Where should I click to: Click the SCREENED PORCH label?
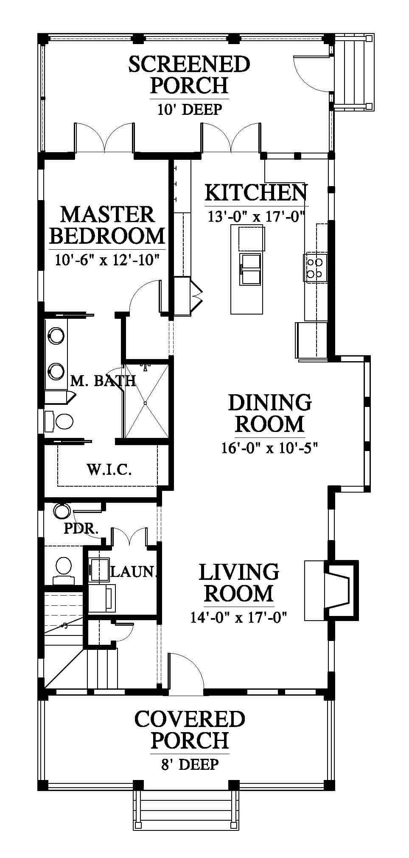point(189,75)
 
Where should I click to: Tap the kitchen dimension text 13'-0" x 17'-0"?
point(257,217)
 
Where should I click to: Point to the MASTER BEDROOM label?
point(107,225)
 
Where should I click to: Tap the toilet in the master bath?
point(59,421)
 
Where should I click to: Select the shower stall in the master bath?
point(146,401)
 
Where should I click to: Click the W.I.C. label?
point(109,469)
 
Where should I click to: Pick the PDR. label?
point(81,529)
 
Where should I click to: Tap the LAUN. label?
point(133,572)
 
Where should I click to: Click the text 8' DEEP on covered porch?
point(190,764)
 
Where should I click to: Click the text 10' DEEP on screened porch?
point(190,109)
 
